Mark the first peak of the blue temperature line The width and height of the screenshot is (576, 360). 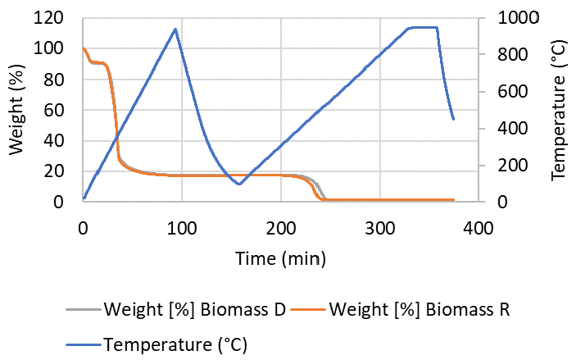[x=175, y=29]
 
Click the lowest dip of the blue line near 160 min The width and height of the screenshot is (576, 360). [x=238, y=184]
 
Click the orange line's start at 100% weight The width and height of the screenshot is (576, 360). [x=84, y=48]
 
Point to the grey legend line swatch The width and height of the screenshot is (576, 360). [x=83, y=310]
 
